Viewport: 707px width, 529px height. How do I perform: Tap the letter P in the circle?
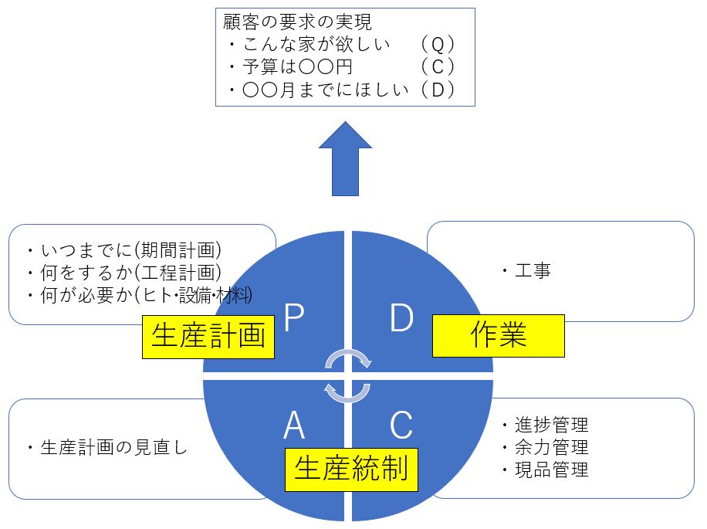(x=293, y=317)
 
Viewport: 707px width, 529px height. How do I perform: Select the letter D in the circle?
(x=401, y=317)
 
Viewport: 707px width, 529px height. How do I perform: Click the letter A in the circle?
(x=294, y=425)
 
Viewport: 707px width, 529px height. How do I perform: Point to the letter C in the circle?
(x=401, y=425)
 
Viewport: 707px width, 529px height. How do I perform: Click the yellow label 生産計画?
(x=208, y=336)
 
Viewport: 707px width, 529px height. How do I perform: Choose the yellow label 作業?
(x=498, y=335)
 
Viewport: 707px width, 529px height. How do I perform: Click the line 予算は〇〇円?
(x=293, y=67)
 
